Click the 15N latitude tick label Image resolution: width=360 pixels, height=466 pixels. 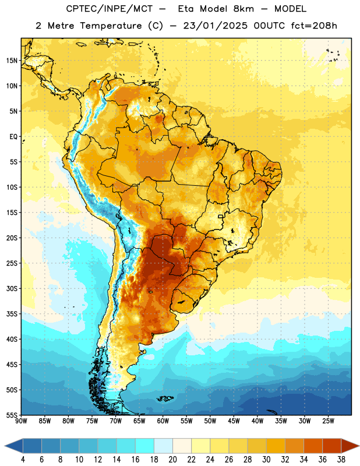click(12, 61)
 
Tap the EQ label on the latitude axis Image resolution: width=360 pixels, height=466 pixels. click(13, 137)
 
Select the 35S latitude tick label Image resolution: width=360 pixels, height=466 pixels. click(12, 314)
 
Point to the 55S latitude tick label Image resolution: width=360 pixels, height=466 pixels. click(12, 415)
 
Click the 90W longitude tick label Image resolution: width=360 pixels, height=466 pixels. click(21, 421)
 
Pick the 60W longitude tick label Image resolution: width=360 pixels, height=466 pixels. click(163, 421)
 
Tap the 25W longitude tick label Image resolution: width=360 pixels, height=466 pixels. click(328, 421)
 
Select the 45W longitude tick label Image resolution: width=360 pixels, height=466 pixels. click(234, 421)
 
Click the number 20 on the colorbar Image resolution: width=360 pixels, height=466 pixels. click(172, 460)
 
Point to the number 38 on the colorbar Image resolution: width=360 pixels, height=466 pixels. click(341, 460)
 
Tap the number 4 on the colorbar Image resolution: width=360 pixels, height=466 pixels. click(23, 460)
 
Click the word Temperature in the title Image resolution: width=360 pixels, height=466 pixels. click(111, 26)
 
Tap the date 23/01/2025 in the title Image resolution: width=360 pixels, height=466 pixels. click(215, 26)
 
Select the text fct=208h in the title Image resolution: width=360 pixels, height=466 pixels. click(314, 26)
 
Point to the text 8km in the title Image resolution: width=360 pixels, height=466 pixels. click(243, 9)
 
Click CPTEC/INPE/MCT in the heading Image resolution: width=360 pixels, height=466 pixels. click(110, 9)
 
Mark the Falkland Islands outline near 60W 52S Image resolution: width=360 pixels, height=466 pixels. click(165, 398)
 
